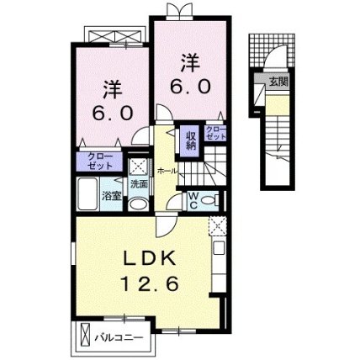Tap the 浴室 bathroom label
tap(112, 196)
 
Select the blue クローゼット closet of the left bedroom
tap(99, 161)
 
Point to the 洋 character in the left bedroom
tap(112, 87)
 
